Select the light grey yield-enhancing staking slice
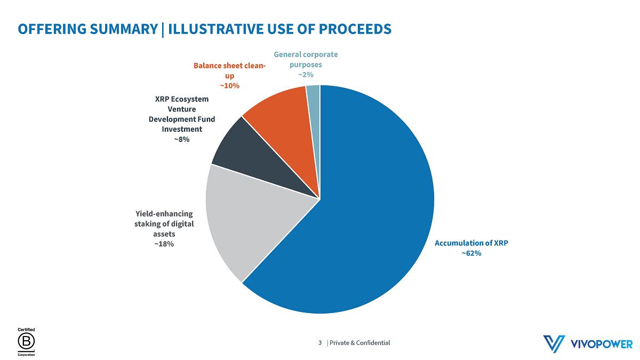(251, 219)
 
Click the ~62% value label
(471, 253)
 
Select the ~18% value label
(164, 244)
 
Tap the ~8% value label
(181, 139)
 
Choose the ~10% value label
(229, 85)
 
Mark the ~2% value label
(306, 75)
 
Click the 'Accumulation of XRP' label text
(471, 243)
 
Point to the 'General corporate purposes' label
(306, 59)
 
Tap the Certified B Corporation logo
(26, 342)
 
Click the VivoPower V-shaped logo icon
(554, 343)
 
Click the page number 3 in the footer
(320, 342)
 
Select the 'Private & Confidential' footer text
(360, 342)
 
